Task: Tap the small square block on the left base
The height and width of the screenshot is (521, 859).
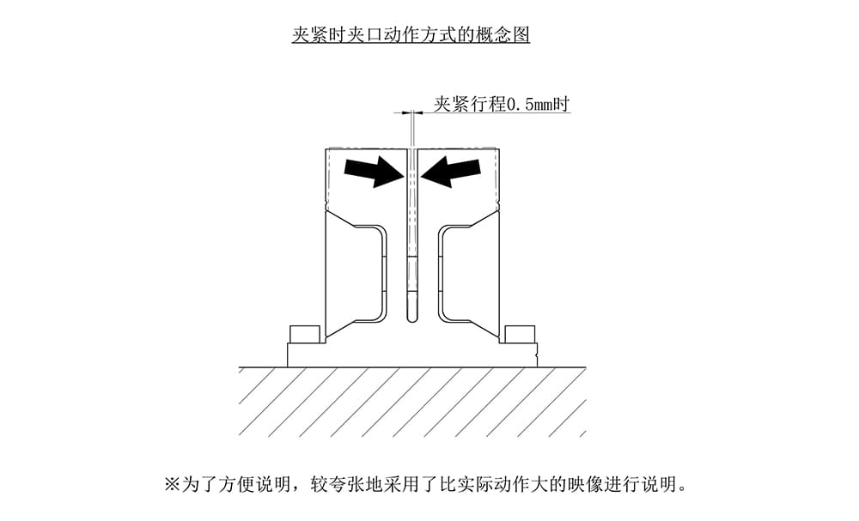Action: (305, 334)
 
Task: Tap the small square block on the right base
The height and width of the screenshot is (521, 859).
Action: (519, 334)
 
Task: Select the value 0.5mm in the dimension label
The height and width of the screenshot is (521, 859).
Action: (527, 106)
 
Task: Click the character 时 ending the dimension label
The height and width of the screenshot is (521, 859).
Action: (562, 106)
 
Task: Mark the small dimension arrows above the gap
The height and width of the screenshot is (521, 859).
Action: (412, 112)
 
